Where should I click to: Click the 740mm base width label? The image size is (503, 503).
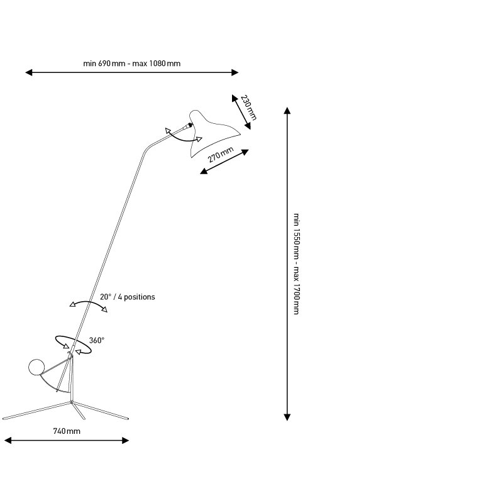[x=67, y=431]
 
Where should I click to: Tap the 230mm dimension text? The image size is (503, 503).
[x=248, y=108]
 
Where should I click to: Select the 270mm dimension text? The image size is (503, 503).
[x=221, y=155]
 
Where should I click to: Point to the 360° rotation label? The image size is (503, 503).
[x=97, y=340]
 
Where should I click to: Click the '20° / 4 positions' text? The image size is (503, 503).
[x=128, y=297]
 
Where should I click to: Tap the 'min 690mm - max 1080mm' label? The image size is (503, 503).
[x=132, y=64]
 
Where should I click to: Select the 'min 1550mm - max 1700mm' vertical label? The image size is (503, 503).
[x=297, y=263]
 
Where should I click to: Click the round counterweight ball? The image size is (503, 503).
[x=36, y=367]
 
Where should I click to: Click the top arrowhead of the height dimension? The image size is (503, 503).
[x=287, y=111]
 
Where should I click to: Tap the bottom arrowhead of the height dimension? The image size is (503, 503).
[x=287, y=417]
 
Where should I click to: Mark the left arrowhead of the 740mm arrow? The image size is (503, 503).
[x=8, y=441]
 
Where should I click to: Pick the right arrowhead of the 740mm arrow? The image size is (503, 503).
[x=125, y=441]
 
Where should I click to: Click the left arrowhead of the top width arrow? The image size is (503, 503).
[x=29, y=72]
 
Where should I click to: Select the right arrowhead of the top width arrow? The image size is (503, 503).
[x=235, y=72]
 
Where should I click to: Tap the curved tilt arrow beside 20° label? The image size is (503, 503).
[x=89, y=302]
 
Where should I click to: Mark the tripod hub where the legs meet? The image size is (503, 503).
[x=72, y=402]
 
